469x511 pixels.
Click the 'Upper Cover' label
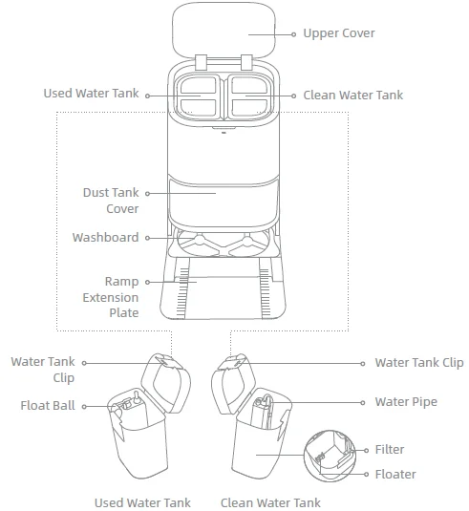[x=339, y=33]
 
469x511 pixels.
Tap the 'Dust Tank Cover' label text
[x=111, y=201]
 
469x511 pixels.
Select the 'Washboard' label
[x=106, y=237]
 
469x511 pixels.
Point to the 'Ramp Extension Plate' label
[x=111, y=297]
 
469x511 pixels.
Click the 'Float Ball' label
[x=48, y=406]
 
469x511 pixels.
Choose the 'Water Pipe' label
[x=406, y=402]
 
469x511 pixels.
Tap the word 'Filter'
[x=390, y=450]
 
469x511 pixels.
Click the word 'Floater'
[x=395, y=475]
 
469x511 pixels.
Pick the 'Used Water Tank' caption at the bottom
[x=142, y=502]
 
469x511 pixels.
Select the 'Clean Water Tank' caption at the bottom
[x=270, y=502]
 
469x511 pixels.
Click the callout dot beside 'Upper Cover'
[x=293, y=34]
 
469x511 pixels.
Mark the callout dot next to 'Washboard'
[x=147, y=238]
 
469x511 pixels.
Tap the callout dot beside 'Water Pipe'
[x=362, y=403]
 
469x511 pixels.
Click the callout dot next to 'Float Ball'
[x=84, y=406]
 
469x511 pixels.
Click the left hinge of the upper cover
[x=202, y=62]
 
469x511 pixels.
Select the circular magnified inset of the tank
[x=330, y=456]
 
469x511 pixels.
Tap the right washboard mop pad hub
[x=246, y=241]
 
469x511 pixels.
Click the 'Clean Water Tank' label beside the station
[x=353, y=96]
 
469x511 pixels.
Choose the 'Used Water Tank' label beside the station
[x=92, y=94]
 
